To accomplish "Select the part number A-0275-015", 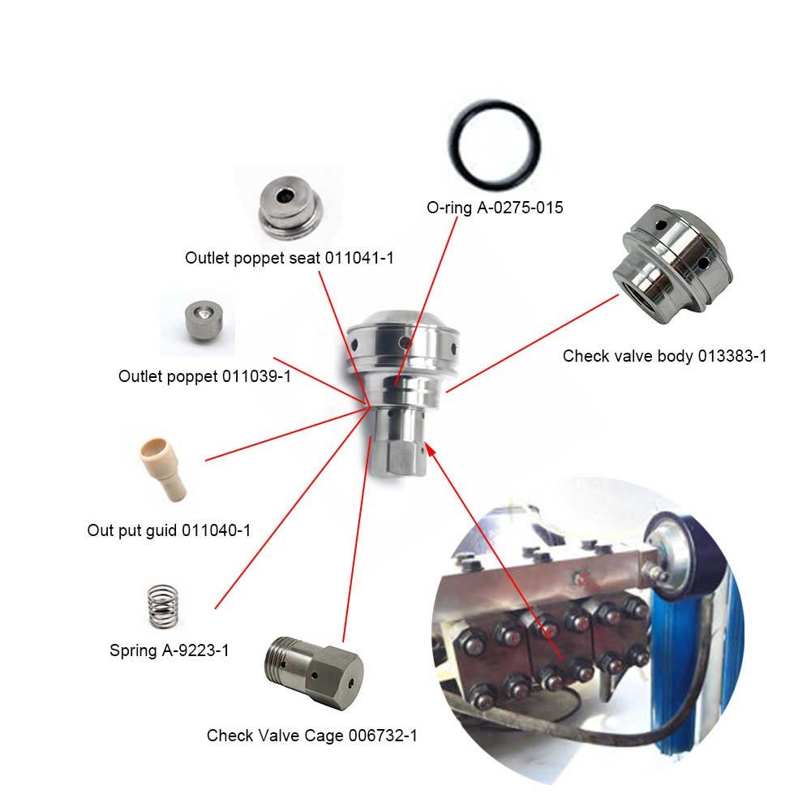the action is click(520, 208).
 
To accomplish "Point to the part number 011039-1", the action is click(256, 376).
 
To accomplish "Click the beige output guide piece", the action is click(162, 469).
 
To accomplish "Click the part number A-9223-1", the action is click(195, 650).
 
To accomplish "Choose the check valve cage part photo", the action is click(314, 673).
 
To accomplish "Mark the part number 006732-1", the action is click(383, 735).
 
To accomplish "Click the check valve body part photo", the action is click(672, 264).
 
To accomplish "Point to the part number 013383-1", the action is click(732, 356).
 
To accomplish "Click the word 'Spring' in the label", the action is click(134, 650).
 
